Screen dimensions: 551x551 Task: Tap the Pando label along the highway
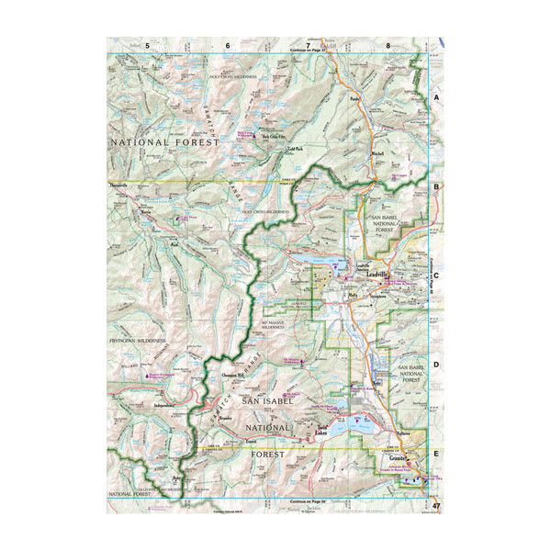coord(356,96)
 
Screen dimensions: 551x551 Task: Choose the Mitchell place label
coord(377,153)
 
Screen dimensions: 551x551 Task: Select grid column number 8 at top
coord(388,45)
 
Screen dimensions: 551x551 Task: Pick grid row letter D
coord(437,364)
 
